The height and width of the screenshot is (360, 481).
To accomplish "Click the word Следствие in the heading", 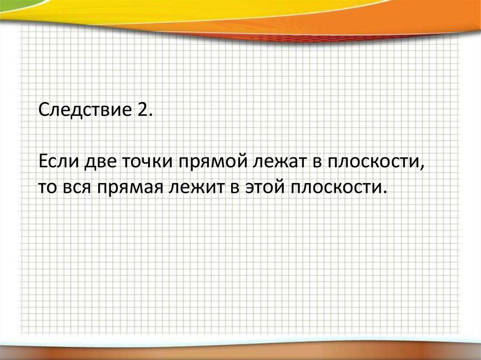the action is (x=85, y=110).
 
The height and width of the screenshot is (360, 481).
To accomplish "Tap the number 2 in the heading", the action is (x=141, y=109).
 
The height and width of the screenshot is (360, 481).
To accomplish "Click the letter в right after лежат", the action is (x=317, y=162).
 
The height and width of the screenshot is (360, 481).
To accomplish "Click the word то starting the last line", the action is (x=48, y=187).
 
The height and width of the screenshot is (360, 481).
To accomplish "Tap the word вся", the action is (x=77, y=187).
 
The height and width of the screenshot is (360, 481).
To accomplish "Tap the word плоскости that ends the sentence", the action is (x=334, y=187).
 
